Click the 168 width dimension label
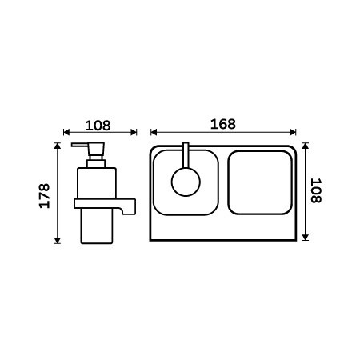click(x=223, y=124)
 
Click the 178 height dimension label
click(x=45, y=196)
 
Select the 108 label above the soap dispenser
click(x=98, y=126)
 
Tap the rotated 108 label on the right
click(x=316, y=190)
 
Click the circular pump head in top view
click(x=186, y=182)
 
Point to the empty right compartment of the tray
click(x=260, y=182)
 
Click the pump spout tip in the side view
click(x=73, y=145)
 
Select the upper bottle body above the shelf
click(x=97, y=183)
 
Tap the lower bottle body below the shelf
click(x=97, y=226)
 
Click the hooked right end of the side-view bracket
click(x=129, y=209)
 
